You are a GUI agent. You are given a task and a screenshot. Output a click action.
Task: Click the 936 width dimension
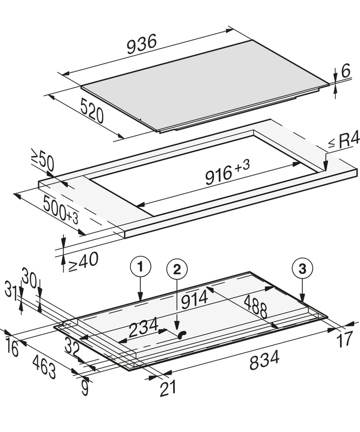coord(141,44)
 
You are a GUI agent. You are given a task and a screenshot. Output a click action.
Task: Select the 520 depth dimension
coord(92,111)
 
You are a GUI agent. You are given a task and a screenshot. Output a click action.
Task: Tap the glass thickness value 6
coord(345,71)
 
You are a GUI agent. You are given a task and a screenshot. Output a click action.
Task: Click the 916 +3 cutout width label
coord(227,172)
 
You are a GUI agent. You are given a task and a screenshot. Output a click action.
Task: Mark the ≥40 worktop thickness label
coord(83,261)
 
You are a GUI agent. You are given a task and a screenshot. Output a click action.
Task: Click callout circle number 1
coord(140,267)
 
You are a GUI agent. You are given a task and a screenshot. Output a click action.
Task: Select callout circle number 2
coord(177,269)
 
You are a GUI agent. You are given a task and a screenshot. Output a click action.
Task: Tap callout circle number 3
coord(302,268)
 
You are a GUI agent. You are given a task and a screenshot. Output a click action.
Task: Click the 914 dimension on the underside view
coord(194,300)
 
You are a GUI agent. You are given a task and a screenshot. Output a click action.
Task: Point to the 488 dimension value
coord(255,306)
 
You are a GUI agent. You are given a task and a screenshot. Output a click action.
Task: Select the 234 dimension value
coord(144,327)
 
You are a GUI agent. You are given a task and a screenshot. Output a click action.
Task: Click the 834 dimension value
coord(264,360)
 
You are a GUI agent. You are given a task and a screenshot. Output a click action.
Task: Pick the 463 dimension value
coord(44,366)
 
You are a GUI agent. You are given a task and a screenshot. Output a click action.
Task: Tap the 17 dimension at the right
coord(345,339)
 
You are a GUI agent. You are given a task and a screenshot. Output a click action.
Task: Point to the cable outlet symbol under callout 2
coord(182,334)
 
